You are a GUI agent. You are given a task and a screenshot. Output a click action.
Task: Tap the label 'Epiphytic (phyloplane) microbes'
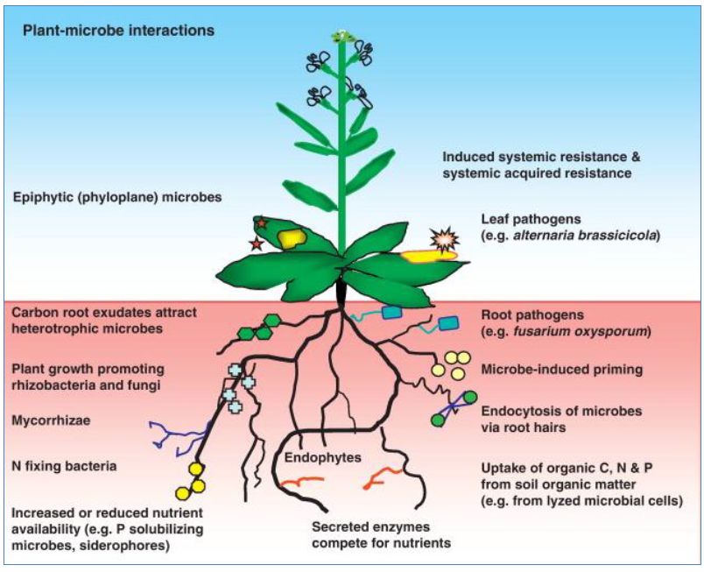pyautogui.click(x=117, y=197)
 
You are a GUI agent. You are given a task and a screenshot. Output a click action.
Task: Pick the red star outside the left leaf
pyautogui.click(x=256, y=243)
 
